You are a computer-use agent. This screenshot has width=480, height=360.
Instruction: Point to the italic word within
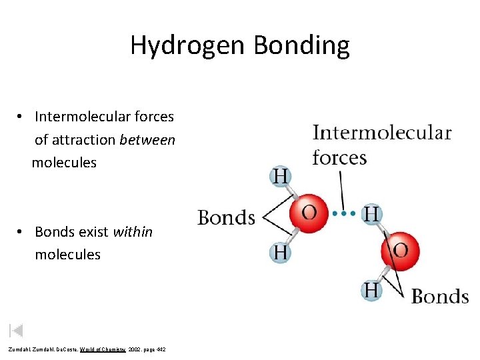[133, 232]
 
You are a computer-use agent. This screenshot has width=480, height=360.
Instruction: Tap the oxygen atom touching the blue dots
[309, 213]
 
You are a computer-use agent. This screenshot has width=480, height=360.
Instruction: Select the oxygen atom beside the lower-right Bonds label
[400, 251]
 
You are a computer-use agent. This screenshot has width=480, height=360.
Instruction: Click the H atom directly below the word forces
[281, 176]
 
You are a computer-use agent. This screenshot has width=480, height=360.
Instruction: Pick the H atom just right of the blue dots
[371, 213]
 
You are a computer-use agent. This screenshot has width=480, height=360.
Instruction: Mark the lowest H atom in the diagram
[371, 290]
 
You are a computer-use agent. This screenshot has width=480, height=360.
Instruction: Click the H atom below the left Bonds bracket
[281, 252]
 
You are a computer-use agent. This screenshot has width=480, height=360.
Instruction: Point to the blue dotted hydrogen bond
[344, 213]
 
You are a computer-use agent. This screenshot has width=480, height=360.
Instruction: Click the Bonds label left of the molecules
[226, 218]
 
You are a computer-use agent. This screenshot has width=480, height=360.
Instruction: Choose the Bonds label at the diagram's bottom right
[440, 297]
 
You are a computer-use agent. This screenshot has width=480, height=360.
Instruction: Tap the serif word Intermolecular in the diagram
[382, 133]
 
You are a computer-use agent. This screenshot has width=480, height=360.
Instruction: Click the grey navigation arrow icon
[17, 329]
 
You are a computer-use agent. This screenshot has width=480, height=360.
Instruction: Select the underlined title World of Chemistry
[103, 350]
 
